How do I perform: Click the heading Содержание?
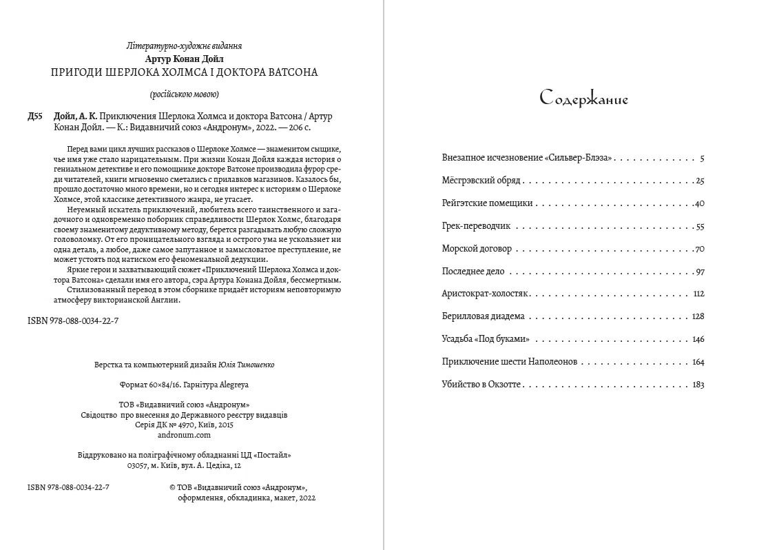(x=583, y=99)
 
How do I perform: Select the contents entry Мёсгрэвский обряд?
(x=481, y=181)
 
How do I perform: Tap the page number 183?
(x=698, y=385)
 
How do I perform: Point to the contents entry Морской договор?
(x=476, y=249)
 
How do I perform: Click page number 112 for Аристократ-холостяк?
(x=698, y=294)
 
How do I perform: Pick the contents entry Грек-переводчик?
(x=476, y=227)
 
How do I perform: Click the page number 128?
(x=698, y=317)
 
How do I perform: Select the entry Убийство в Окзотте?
(x=482, y=385)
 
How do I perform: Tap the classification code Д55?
(x=36, y=116)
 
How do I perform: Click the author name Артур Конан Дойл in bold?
(x=185, y=59)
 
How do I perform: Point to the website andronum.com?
(x=184, y=435)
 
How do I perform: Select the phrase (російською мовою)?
(x=185, y=94)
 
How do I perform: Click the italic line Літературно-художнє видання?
(x=185, y=47)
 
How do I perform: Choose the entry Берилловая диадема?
(x=483, y=316)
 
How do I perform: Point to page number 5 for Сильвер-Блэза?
(x=701, y=159)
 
